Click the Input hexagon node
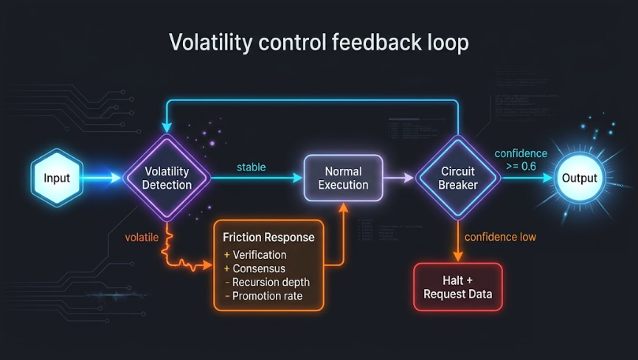coord(56,178)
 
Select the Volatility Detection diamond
coord(166,178)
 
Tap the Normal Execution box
coord(343,178)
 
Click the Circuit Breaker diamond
coord(457,178)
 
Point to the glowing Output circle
coord(579,178)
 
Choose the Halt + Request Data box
coord(457,288)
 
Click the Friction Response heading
coord(268,237)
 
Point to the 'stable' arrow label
coord(251,167)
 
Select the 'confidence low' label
coord(500,237)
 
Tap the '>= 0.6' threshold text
coord(521,166)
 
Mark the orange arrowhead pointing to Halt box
coord(457,256)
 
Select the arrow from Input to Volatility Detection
coord(100,178)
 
